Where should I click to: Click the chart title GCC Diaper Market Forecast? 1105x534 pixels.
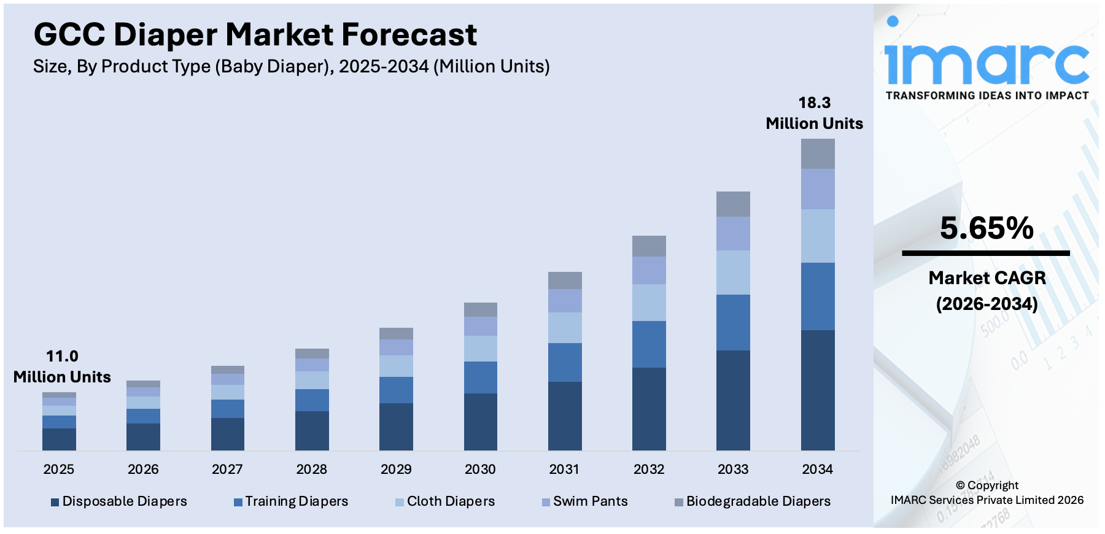tap(255, 34)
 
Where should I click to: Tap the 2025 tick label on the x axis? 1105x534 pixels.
tap(59, 470)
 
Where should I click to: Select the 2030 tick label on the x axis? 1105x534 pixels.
tap(480, 470)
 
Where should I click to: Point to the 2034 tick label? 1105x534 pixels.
tap(817, 470)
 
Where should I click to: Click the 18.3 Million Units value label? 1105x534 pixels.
tap(814, 113)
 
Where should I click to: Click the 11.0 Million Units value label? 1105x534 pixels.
tap(62, 366)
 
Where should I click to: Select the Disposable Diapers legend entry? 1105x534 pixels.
tap(119, 501)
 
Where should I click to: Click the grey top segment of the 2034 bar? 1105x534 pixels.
tap(817, 153)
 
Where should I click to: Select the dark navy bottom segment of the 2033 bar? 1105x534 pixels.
tap(733, 400)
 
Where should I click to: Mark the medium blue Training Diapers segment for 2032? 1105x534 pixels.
tap(649, 344)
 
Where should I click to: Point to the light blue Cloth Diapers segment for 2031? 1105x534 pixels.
tap(564, 327)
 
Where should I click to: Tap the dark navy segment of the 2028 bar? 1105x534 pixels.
tap(312, 430)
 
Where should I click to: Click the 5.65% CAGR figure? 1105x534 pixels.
tap(987, 228)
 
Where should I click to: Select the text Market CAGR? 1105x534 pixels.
tap(987, 278)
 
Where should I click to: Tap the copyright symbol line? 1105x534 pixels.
tap(987, 486)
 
